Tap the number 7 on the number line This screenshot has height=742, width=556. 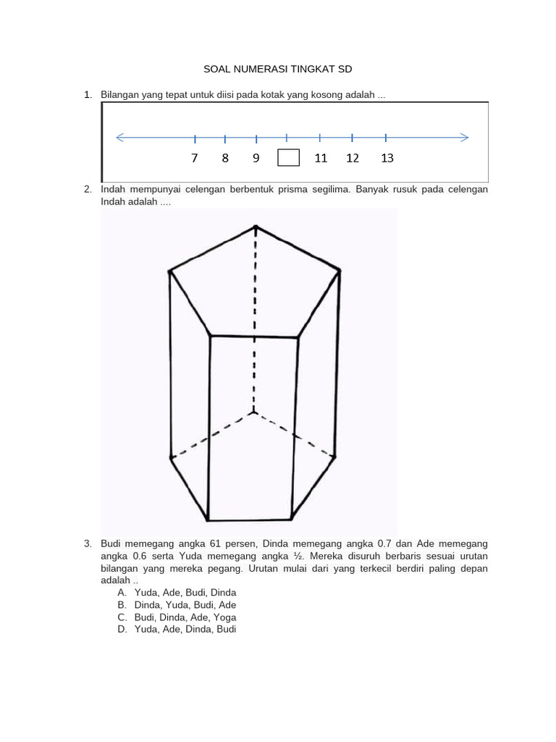coord(195,158)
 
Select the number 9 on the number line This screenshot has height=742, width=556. coord(256,158)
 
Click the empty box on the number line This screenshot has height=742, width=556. coord(288,158)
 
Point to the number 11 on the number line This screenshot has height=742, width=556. coord(321,158)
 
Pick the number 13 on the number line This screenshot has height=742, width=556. coord(387,158)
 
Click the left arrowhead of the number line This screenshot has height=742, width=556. coord(119,137)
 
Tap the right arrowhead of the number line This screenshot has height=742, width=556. coord(465,137)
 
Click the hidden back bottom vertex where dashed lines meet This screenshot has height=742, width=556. coord(253,412)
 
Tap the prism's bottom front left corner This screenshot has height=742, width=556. coord(208,520)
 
